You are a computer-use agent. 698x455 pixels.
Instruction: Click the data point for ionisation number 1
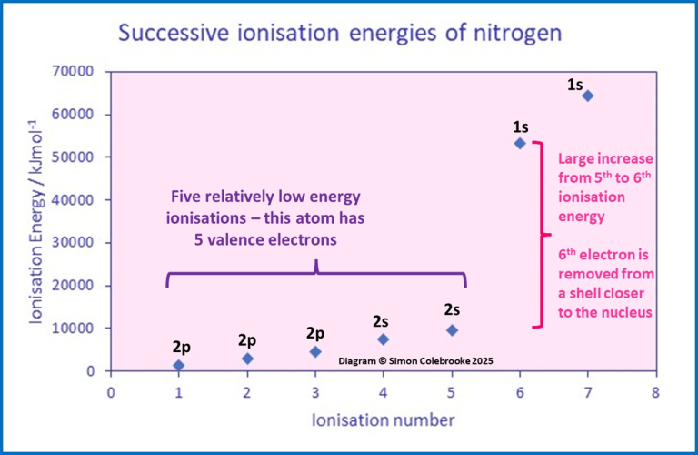tap(179, 365)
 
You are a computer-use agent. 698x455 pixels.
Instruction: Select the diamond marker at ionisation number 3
tap(315, 351)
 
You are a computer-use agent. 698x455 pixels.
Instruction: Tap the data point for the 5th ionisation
tap(452, 329)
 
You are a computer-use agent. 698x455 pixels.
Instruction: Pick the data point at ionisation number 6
tap(520, 143)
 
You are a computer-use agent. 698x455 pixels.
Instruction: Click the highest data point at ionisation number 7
tap(587, 96)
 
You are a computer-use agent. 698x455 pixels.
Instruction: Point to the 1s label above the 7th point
tap(575, 85)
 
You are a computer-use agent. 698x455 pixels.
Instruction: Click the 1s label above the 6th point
tap(520, 126)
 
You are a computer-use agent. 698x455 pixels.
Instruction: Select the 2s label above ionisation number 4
tap(382, 321)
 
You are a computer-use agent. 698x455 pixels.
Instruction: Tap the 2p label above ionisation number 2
tap(247, 340)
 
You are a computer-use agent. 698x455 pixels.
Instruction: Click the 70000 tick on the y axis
tap(80, 71)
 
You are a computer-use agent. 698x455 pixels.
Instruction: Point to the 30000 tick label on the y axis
tap(80, 242)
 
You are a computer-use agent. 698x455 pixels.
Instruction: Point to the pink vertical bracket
tap(540, 234)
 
